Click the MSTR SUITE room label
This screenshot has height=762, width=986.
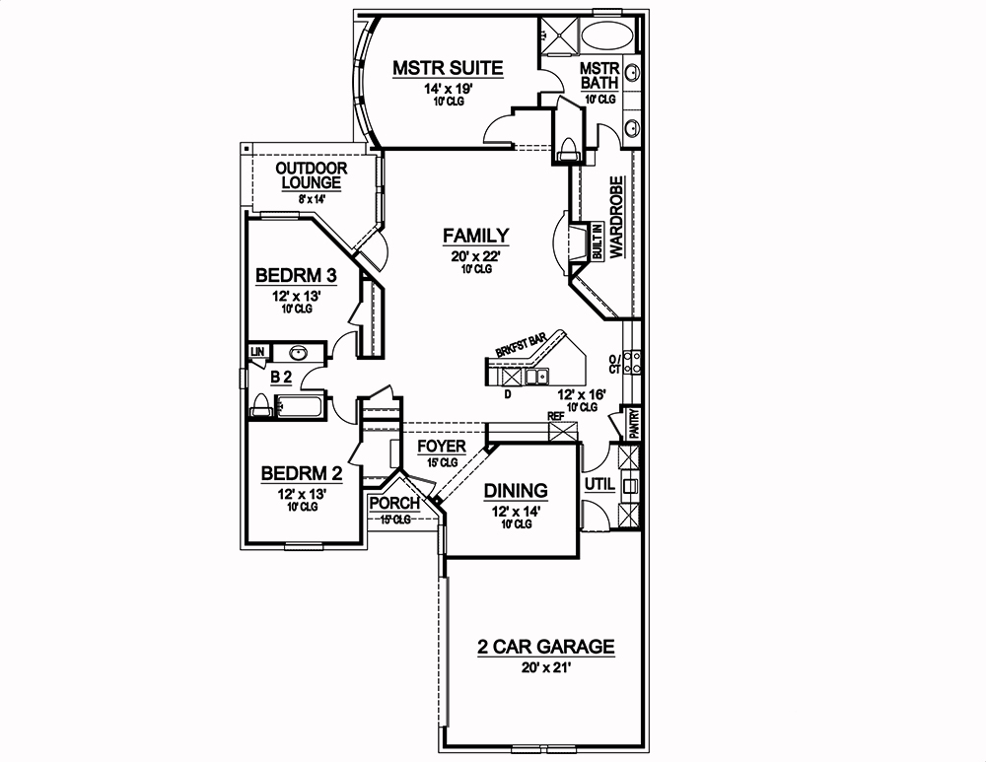pyautogui.click(x=448, y=68)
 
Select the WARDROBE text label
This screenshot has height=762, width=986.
pyautogui.click(x=616, y=218)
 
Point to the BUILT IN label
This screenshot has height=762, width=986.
pyautogui.click(x=598, y=242)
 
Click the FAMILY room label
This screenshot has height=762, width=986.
pyautogui.click(x=475, y=236)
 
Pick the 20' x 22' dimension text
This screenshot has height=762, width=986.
pyautogui.click(x=475, y=254)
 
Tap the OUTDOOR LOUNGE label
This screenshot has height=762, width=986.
pyautogui.click(x=311, y=175)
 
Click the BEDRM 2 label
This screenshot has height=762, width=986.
pyautogui.click(x=302, y=474)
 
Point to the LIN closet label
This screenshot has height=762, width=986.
pyautogui.click(x=257, y=351)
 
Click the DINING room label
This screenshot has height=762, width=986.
pyautogui.click(x=515, y=491)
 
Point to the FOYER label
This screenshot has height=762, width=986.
pyautogui.click(x=441, y=447)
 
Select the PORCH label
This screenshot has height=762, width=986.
pyautogui.click(x=394, y=503)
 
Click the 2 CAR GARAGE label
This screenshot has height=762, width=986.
pyautogui.click(x=545, y=648)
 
